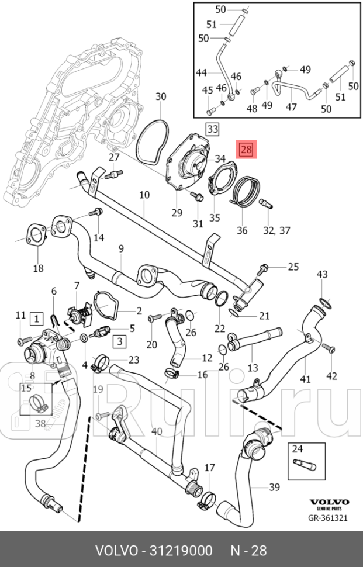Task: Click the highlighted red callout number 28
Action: [246, 150]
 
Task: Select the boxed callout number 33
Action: [212, 128]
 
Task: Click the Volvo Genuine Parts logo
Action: [329, 504]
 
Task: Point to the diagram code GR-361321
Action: [329, 517]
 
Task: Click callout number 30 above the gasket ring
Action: [160, 96]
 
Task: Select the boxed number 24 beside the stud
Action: [298, 450]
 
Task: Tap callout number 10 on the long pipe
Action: [144, 195]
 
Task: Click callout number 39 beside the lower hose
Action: [274, 487]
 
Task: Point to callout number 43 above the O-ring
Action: [322, 274]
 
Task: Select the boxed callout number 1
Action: [37, 319]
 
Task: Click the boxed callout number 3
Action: [119, 341]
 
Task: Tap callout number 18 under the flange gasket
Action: [38, 268]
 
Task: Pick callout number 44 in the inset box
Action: [202, 72]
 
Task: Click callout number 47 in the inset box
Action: [291, 107]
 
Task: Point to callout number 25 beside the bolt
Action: [293, 267]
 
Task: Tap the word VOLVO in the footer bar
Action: [114, 550]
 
